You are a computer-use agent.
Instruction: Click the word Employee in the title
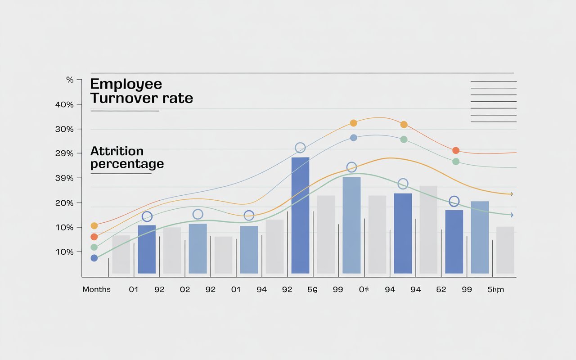126,84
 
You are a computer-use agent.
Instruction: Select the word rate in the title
179,98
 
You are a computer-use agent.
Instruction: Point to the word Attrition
117,151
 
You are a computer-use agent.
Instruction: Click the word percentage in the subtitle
127,164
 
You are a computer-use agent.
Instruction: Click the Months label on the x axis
96,289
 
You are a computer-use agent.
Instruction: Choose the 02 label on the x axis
185,289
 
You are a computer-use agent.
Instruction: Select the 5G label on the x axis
312,289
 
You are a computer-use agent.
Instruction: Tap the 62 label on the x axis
441,289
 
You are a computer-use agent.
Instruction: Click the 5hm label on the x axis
495,289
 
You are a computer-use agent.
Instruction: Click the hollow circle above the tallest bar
300,148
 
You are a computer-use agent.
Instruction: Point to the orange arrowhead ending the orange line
511,194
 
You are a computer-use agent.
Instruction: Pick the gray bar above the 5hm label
505,250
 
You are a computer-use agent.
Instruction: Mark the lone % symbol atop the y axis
70,80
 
